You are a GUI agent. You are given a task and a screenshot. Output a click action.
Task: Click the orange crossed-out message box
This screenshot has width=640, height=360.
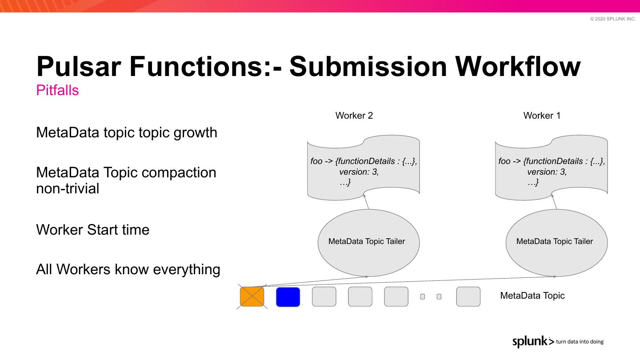252,297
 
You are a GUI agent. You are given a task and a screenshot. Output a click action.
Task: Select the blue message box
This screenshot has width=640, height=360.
288,297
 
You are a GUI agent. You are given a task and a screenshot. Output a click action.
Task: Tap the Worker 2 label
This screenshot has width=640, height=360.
354,116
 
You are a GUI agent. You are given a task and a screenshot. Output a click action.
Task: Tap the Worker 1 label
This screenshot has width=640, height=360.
542,116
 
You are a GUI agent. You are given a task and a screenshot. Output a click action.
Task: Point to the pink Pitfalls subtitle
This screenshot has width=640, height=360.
57,90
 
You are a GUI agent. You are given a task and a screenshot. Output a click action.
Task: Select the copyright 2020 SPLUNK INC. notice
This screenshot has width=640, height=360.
613,19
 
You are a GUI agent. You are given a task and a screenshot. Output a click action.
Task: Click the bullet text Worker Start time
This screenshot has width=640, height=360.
92,230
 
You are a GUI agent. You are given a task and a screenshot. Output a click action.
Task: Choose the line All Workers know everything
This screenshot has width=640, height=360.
128,269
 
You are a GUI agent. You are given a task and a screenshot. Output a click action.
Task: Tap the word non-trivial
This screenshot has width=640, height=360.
68,188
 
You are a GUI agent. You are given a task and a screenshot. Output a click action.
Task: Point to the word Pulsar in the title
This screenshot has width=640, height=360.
79,66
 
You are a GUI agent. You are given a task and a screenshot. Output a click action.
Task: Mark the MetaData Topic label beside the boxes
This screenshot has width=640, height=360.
532,296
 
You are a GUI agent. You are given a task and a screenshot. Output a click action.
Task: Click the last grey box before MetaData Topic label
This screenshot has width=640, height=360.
468,297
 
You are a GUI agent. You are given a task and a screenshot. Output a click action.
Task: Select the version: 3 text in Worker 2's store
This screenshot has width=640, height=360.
359,172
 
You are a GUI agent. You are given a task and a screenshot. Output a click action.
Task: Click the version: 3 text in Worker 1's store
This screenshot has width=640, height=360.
547,172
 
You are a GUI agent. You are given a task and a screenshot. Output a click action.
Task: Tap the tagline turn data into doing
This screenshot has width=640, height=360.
580,342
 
